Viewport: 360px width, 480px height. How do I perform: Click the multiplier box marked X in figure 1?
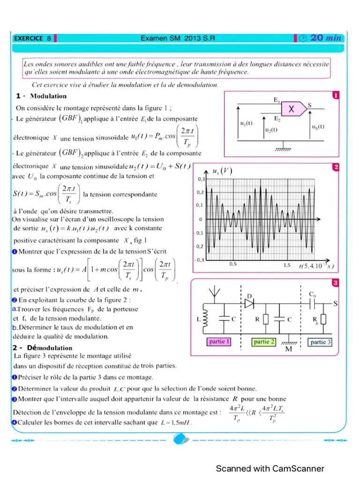[x=292, y=109]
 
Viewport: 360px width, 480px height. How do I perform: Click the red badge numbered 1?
[x=336, y=95]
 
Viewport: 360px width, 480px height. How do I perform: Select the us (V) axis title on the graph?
[x=223, y=171]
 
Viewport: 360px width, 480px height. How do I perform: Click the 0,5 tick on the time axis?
[x=233, y=264]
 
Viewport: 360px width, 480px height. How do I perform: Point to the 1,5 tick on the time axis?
[x=287, y=264]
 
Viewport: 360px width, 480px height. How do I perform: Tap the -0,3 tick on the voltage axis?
[x=199, y=260]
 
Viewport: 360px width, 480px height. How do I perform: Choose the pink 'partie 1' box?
[x=219, y=342]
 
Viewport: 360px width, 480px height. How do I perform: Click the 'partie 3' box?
[x=321, y=342]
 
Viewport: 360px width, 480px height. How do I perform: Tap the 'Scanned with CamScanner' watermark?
[x=270, y=468]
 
